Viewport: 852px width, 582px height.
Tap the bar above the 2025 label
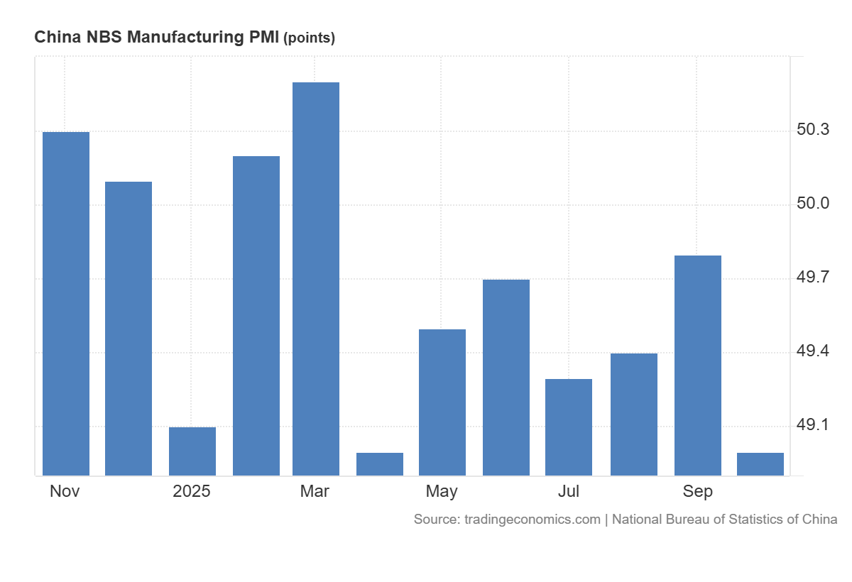(x=192, y=451)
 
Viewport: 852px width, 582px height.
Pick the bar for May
(x=442, y=402)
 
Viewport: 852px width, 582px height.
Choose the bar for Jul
(x=569, y=427)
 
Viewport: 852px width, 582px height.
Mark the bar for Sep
(x=698, y=366)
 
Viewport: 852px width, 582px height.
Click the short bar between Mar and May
(x=380, y=464)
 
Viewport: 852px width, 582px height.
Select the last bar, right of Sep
(x=760, y=464)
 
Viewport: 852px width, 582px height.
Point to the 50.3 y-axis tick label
(x=813, y=130)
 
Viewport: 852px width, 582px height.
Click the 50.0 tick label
(x=813, y=204)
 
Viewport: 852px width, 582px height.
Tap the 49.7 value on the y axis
(x=813, y=278)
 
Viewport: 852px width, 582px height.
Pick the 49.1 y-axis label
(x=813, y=425)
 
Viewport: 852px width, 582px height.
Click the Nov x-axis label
(x=65, y=491)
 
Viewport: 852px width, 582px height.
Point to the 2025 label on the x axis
(x=192, y=491)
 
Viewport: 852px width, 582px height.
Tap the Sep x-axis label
(x=698, y=491)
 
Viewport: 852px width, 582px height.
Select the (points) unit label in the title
(x=309, y=38)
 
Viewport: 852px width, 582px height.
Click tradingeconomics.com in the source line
(x=532, y=520)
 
